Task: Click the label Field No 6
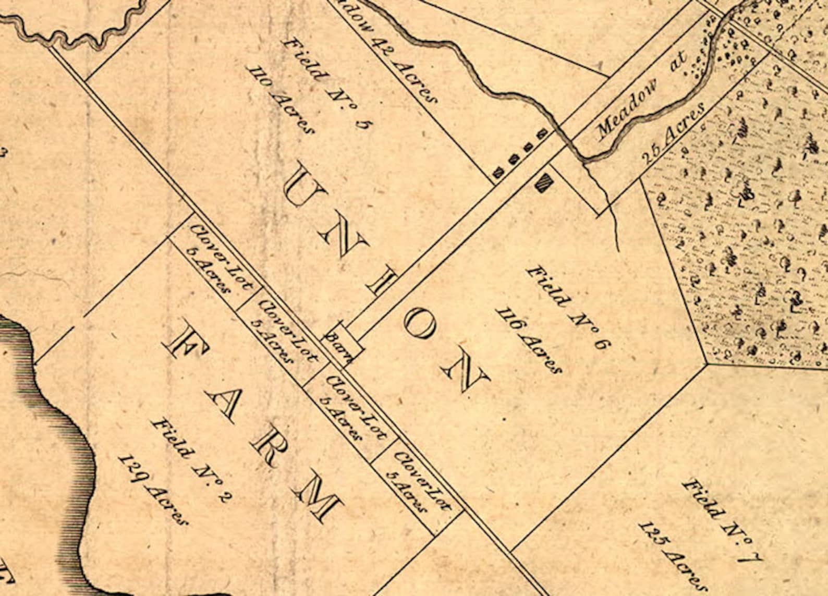click(568, 308)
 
